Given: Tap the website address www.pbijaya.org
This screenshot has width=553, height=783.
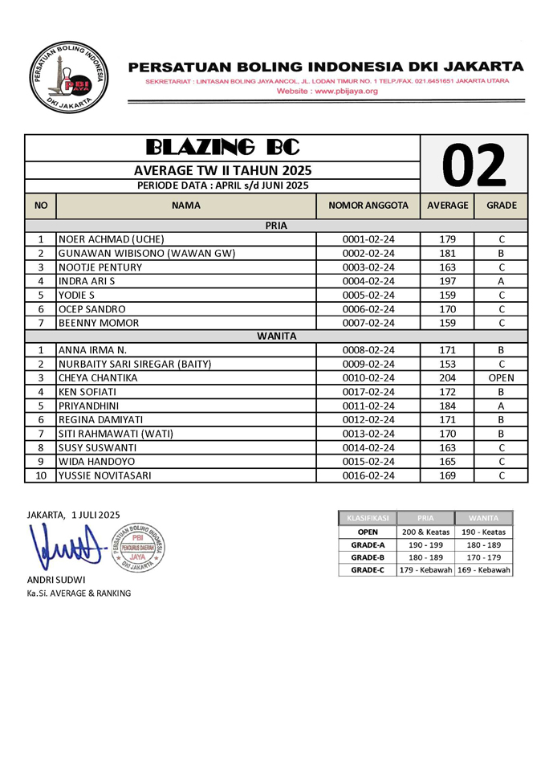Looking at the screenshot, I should pyautogui.click(x=327, y=92).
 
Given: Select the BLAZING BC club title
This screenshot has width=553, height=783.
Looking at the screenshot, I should pyautogui.click(x=222, y=147).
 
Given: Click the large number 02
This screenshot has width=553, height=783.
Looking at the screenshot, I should pyautogui.click(x=474, y=164).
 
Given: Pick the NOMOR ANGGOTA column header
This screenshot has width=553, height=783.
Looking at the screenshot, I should pyautogui.click(x=368, y=206).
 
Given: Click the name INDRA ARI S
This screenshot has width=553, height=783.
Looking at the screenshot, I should pyautogui.click(x=87, y=281).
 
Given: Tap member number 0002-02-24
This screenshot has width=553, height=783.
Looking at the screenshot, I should pyautogui.click(x=368, y=253).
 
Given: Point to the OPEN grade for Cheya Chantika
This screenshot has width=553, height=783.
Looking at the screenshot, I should pyautogui.click(x=501, y=378).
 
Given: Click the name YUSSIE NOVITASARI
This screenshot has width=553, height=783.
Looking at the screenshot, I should pyautogui.click(x=116, y=475).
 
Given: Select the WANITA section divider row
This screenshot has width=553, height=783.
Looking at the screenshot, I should pyautogui.click(x=276, y=336).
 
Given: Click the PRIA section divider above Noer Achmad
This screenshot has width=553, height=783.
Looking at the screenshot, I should pyautogui.click(x=276, y=226).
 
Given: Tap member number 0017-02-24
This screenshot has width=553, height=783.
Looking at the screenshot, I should pyautogui.click(x=368, y=392).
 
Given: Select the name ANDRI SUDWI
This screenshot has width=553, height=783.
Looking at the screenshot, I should pyautogui.click(x=56, y=580).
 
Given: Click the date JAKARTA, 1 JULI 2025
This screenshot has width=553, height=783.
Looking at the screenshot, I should pyautogui.click(x=73, y=514).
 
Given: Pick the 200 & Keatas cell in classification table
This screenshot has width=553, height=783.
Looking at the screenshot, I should pyautogui.click(x=425, y=532).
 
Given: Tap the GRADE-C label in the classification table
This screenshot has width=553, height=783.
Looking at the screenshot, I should pyautogui.click(x=368, y=569).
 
